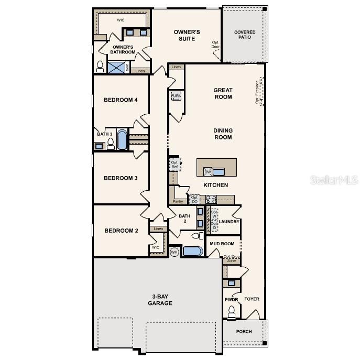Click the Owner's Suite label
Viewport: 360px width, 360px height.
point(187,35)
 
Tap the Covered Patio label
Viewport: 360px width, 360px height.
point(245,35)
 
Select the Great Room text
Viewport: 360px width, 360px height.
point(223,93)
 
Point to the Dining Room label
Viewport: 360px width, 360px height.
point(223,134)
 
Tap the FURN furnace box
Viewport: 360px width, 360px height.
point(176,96)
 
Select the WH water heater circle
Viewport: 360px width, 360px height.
point(174,252)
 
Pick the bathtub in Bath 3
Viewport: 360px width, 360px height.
point(122,140)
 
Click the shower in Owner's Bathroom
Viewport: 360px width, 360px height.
point(117,67)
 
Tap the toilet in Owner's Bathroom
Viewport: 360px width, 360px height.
point(100,66)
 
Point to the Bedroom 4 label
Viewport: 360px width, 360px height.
point(121,100)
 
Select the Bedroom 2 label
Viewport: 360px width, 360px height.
point(121,231)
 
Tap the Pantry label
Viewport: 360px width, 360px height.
point(178,201)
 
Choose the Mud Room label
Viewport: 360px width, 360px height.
point(222,244)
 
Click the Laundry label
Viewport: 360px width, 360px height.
point(229,222)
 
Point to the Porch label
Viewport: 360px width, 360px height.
point(244,331)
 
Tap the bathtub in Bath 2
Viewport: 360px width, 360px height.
point(192,252)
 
